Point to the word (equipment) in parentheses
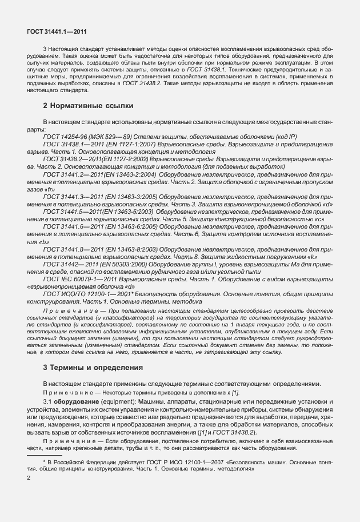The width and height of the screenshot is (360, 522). click(114, 404)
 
